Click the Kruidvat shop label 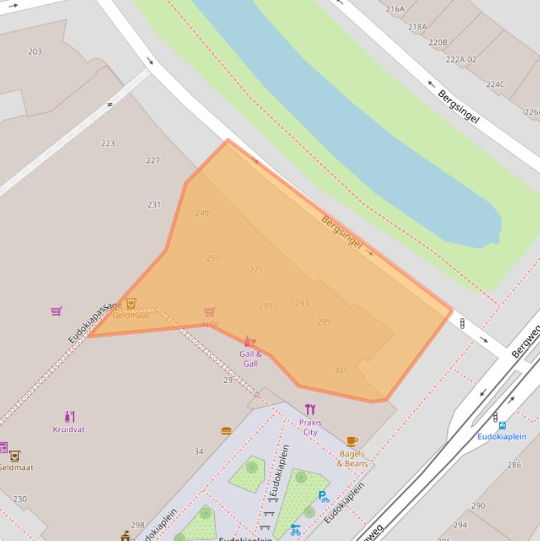pos(68,429)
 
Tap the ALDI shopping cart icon pos(209,311)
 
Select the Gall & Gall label pos(250,358)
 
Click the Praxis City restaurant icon pos(310,410)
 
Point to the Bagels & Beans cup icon pos(352,441)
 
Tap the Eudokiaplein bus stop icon pos(502,425)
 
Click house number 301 pos(340,370)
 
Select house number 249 pos(202,213)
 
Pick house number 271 pos(256,270)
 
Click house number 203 pos(34,51)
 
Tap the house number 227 pos(153,160)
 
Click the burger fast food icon pos(226,431)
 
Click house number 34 pos(199,452)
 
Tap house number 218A pos(417,27)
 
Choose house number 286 pos(515,464)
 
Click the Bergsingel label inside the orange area pos(342,232)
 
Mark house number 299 pos(324,322)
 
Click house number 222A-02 pos(461,59)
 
